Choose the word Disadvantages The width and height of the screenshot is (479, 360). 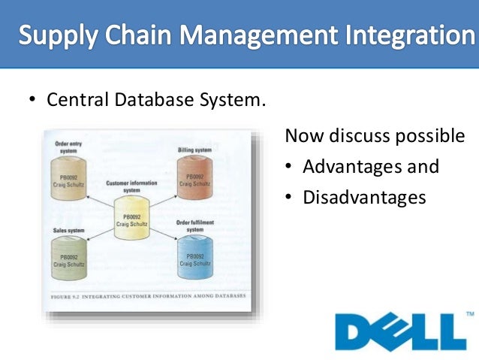click(x=364, y=197)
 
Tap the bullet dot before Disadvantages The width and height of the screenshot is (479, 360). click(x=288, y=198)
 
